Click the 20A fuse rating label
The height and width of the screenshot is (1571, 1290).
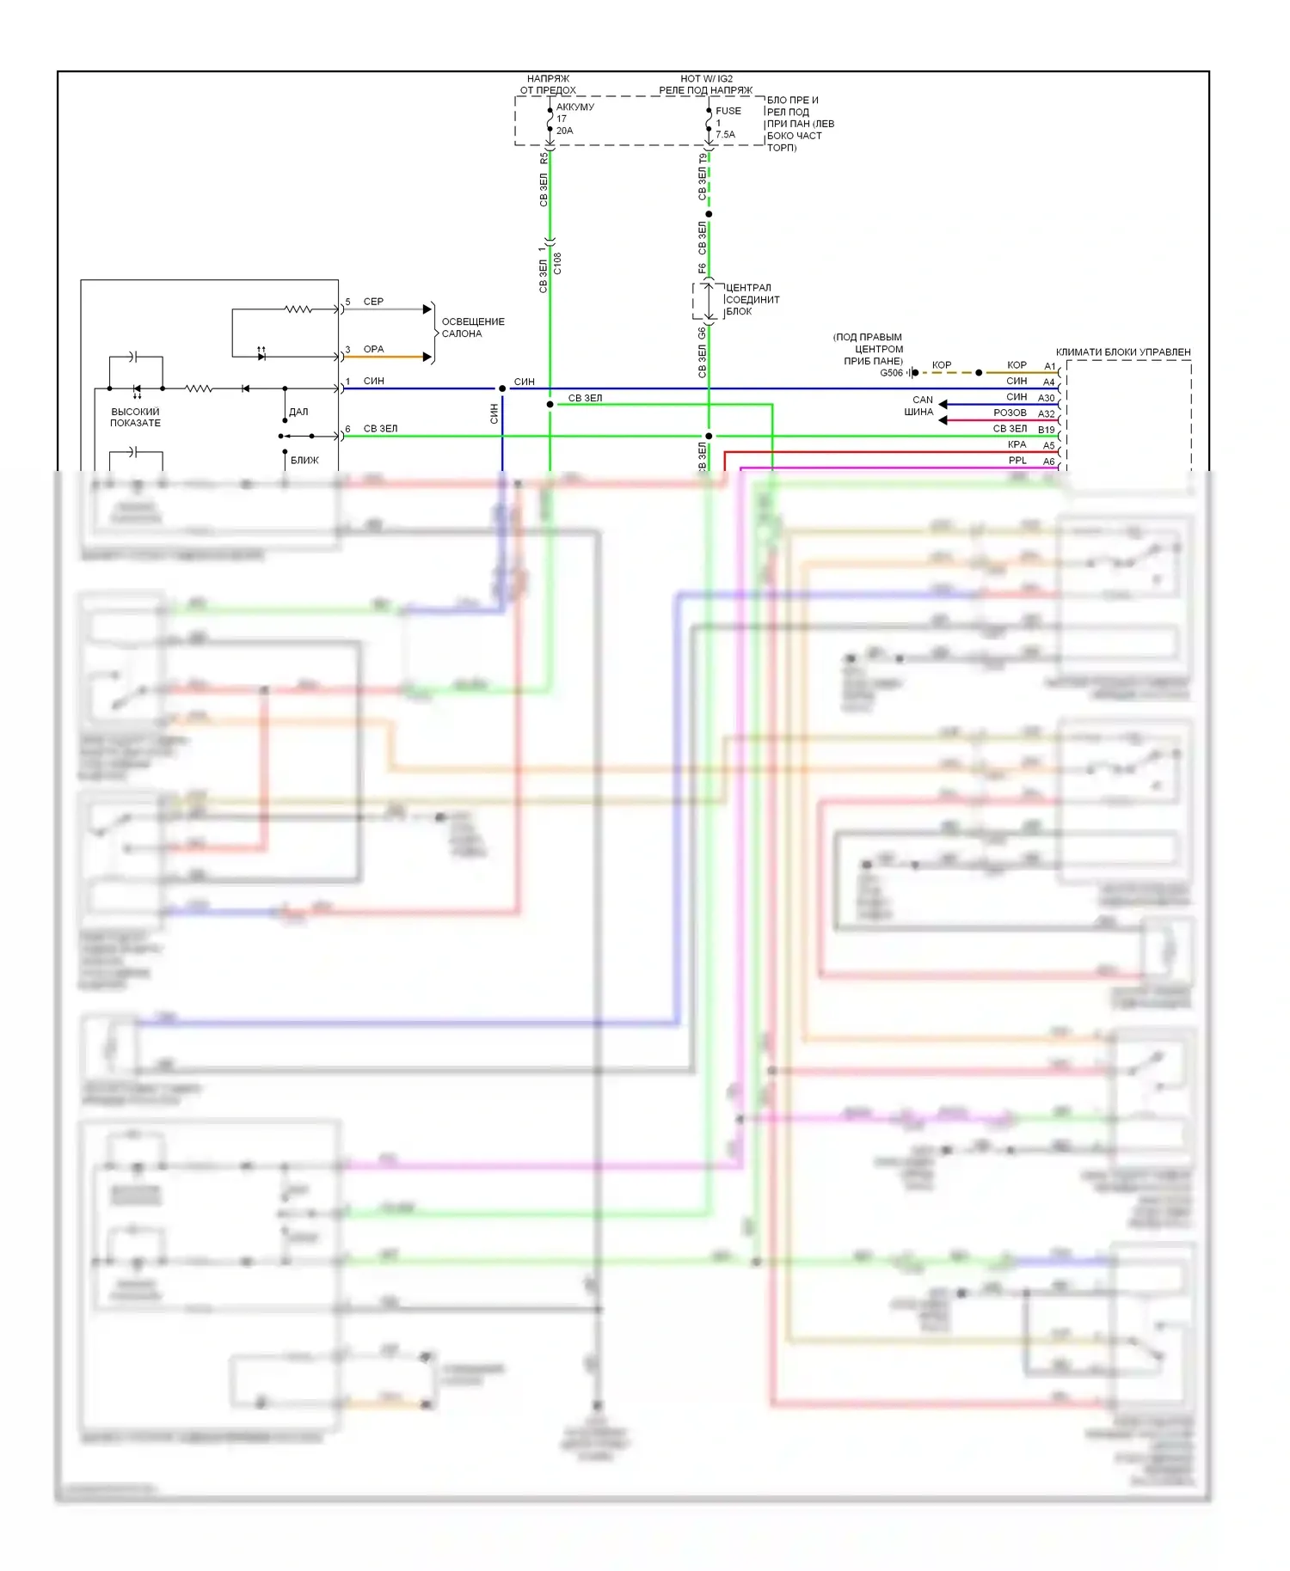click(x=564, y=131)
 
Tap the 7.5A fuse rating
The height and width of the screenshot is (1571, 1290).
click(x=725, y=134)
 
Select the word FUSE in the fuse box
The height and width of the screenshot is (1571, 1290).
click(x=728, y=111)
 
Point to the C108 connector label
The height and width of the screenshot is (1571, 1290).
click(x=557, y=263)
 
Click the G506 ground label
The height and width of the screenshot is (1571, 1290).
click(x=891, y=373)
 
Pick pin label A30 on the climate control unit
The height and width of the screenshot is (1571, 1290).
click(x=1046, y=398)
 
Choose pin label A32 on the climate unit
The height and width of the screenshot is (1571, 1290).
click(x=1046, y=413)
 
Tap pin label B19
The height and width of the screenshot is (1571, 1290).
click(x=1046, y=430)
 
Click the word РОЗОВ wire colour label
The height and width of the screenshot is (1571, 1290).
click(x=1010, y=413)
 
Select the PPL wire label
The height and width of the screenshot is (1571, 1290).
click(x=1017, y=461)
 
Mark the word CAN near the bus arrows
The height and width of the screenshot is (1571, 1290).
click(x=922, y=400)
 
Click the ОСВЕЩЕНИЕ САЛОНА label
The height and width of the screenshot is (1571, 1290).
click(x=472, y=327)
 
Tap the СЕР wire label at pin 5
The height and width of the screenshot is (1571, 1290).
click(x=373, y=302)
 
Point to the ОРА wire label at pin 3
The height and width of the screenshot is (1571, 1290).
click(x=373, y=349)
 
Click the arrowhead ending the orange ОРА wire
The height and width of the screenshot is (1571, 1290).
click(x=427, y=357)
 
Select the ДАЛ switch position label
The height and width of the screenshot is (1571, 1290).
click(x=298, y=412)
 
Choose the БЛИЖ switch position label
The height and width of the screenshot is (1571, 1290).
click(x=304, y=460)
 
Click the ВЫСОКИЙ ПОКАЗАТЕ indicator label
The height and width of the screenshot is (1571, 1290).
click(x=135, y=417)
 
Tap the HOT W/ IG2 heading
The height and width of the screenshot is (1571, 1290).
click(x=706, y=78)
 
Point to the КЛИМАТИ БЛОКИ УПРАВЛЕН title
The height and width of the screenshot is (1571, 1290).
click(x=1122, y=352)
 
